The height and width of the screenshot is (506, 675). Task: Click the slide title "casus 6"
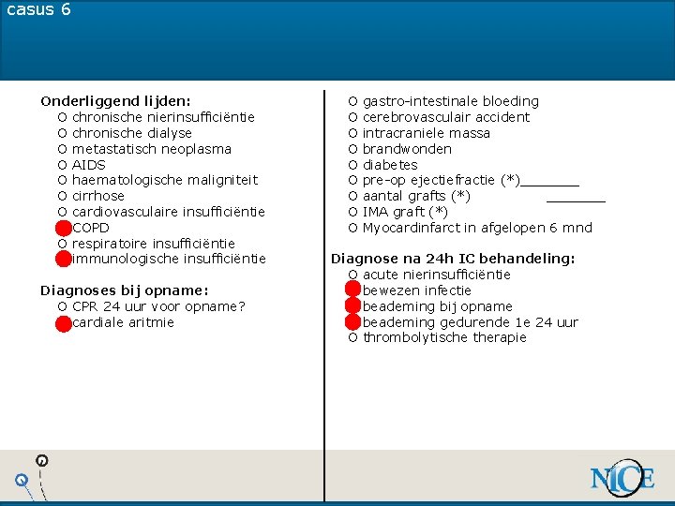[x=38, y=10]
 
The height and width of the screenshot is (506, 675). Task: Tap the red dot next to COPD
[x=63, y=228]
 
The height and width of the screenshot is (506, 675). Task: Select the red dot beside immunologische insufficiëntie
[x=63, y=259]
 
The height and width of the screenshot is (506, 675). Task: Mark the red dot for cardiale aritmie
[x=63, y=323]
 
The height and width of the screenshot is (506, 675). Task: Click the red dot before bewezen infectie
[x=353, y=290]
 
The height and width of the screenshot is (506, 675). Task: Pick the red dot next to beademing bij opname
[x=353, y=306]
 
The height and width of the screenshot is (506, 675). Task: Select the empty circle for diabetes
[x=352, y=165]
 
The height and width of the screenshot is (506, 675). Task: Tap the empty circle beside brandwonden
[x=352, y=149]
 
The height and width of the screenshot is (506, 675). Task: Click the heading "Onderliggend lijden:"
[x=115, y=100]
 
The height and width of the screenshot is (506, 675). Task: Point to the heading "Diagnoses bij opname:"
[x=125, y=290]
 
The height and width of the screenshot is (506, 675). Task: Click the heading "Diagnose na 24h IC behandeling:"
[x=453, y=259]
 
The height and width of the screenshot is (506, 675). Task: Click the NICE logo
[x=622, y=479]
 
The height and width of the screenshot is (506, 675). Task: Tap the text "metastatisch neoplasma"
[x=152, y=149]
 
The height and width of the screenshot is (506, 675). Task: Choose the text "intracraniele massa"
[x=427, y=133]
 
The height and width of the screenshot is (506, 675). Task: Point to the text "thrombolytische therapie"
[x=444, y=338]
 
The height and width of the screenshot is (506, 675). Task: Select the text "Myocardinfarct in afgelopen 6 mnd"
[x=477, y=228]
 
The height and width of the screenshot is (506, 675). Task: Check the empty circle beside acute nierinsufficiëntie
[x=352, y=275]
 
